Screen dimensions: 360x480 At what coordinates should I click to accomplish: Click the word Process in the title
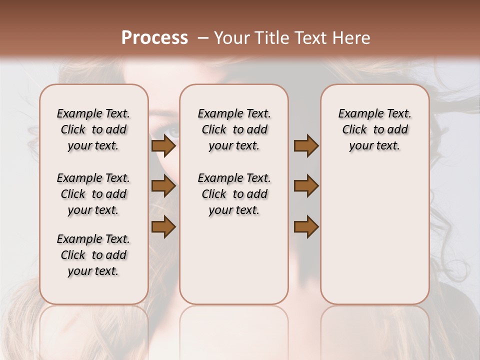[154, 38]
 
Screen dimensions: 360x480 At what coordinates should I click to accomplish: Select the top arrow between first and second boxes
[163, 145]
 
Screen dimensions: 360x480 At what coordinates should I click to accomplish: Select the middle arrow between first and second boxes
[163, 186]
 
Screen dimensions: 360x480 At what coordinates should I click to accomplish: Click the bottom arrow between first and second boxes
[163, 226]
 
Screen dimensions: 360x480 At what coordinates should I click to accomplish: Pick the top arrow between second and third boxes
[306, 145]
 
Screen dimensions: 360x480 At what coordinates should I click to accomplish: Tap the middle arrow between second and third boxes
[306, 186]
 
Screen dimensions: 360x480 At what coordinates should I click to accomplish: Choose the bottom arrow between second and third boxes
[306, 226]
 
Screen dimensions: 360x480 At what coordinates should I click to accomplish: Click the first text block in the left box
[93, 129]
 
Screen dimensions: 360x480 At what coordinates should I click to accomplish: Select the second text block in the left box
[93, 194]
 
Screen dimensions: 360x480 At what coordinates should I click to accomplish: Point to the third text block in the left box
[93, 255]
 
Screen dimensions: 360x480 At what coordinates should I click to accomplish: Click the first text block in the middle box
[234, 129]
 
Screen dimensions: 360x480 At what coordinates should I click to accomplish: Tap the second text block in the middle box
[234, 194]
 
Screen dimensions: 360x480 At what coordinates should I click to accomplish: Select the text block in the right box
[374, 129]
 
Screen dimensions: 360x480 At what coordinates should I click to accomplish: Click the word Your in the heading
[232, 38]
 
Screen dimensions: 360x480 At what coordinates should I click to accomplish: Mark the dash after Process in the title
[203, 38]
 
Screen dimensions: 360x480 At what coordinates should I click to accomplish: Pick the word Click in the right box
[354, 130]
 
